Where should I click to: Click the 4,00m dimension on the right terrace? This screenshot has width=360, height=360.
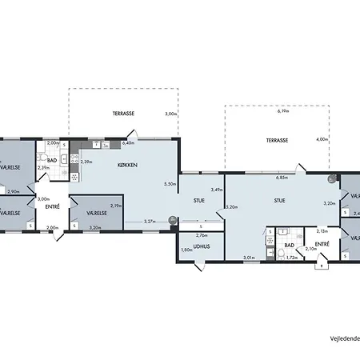point(322,140)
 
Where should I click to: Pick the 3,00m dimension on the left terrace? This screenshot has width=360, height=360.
point(170,114)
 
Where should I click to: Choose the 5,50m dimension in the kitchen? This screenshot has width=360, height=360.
point(169,184)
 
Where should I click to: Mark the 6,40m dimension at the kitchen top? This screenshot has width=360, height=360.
point(127,143)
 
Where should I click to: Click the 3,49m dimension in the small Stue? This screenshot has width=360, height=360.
point(215,190)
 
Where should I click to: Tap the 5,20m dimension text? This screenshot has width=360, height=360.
point(232,207)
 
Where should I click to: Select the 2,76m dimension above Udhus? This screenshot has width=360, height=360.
point(202,234)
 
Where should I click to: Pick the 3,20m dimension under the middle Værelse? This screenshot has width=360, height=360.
point(95,228)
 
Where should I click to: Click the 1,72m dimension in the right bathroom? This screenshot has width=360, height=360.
point(292,258)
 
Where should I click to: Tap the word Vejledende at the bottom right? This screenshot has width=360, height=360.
point(345,338)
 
